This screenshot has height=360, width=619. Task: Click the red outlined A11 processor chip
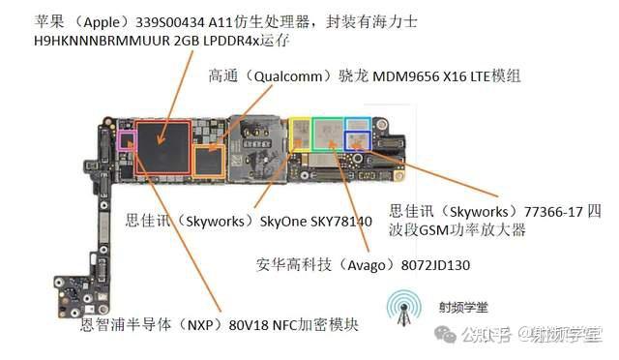tap(163, 146)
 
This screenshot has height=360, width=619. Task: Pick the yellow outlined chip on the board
tap(300, 134)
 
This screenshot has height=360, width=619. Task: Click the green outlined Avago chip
tap(328, 135)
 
